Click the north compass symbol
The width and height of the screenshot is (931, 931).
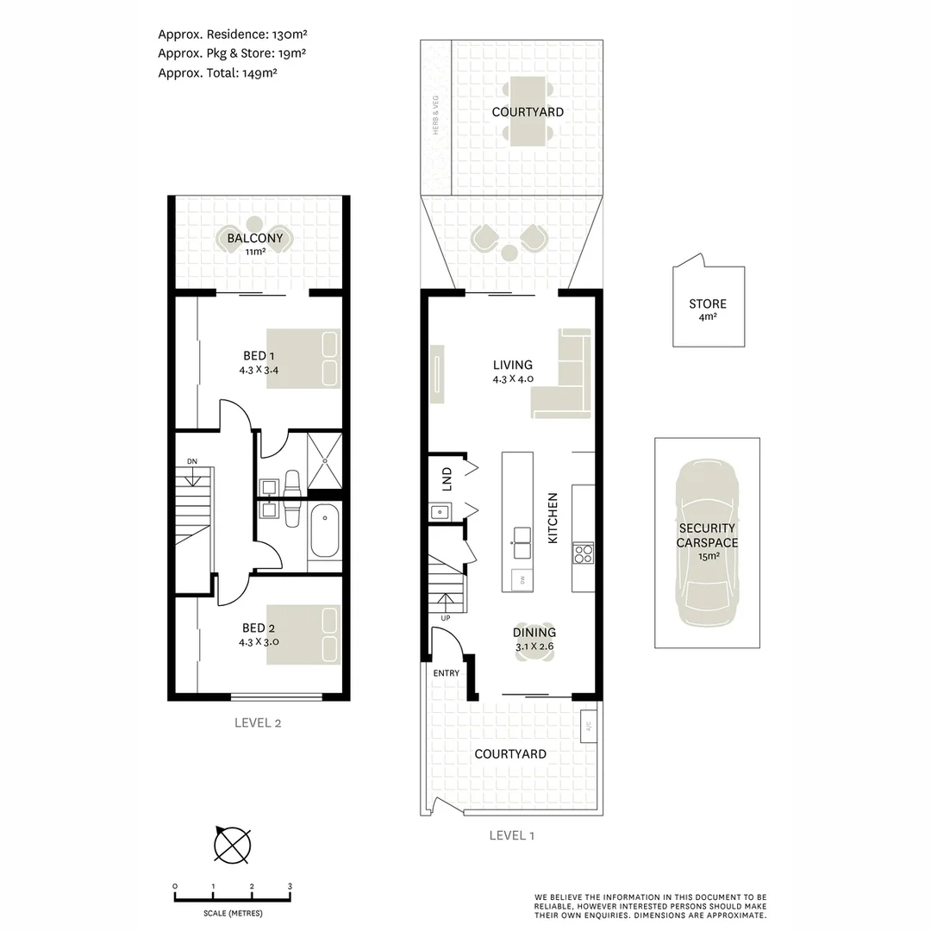point(232,844)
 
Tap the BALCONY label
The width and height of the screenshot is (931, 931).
point(254,239)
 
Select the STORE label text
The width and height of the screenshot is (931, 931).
point(708,303)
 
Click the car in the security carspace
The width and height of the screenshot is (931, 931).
point(707,543)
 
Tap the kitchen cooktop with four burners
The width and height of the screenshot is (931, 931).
point(583,553)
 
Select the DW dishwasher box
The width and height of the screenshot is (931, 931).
point(520,579)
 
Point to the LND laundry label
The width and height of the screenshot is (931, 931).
point(447,479)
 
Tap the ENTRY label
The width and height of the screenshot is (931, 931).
point(447,673)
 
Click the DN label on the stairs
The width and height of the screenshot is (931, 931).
point(192,462)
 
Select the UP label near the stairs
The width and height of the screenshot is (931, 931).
point(446,618)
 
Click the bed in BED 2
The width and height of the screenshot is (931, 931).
point(303,634)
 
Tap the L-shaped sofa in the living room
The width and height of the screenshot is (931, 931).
point(565,379)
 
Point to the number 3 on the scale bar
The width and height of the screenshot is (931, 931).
point(291,886)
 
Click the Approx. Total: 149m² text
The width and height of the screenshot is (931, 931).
point(217,73)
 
